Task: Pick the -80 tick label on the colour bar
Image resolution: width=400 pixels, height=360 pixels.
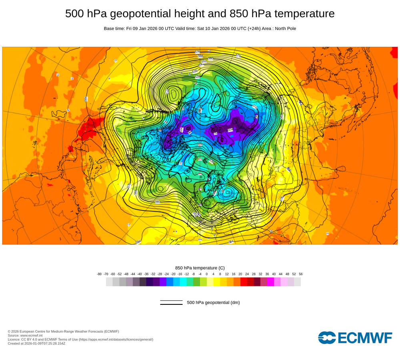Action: click(x=99, y=274)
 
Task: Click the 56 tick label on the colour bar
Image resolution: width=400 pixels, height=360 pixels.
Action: click(x=301, y=274)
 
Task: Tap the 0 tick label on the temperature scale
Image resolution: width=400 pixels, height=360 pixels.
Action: click(x=207, y=274)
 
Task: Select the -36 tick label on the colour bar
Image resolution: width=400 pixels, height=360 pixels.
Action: click(x=146, y=274)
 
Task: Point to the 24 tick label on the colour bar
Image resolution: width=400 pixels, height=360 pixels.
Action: click(x=247, y=274)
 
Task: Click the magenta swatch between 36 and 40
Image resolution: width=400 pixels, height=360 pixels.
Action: click(x=270, y=282)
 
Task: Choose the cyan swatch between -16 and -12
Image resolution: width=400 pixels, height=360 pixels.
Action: click(x=183, y=282)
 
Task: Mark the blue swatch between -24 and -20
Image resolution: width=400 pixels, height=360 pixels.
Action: click(x=170, y=282)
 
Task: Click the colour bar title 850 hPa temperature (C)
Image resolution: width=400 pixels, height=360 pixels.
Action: click(x=200, y=268)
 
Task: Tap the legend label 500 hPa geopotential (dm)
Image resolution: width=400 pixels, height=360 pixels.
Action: click(x=213, y=302)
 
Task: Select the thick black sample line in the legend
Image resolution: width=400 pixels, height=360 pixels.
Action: click(x=171, y=304)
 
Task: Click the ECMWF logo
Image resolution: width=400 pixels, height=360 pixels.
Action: click(x=355, y=338)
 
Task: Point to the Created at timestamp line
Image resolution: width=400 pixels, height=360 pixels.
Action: click(x=36, y=343)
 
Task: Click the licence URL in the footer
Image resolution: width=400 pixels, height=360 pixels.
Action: click(x=116, y=339)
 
